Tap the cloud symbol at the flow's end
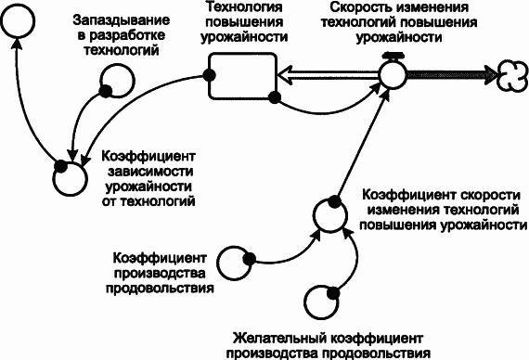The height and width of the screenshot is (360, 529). [x=511, y=72]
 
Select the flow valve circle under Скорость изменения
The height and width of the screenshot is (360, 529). [x=392, y=75]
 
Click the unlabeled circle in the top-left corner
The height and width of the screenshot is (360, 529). [x=20, y=21]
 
